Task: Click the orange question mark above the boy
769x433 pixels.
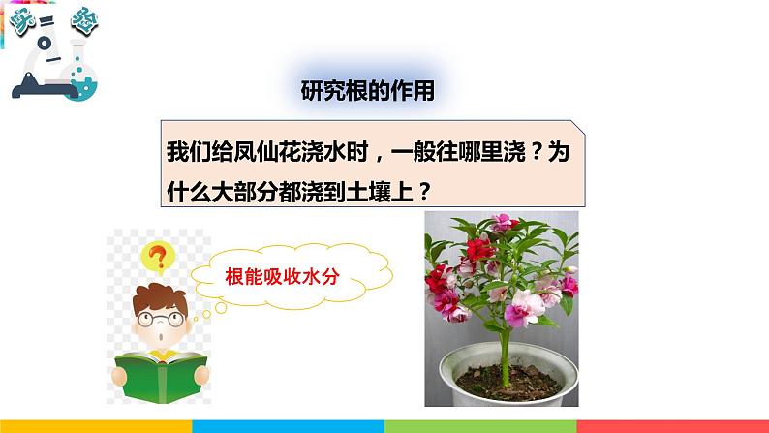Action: click(x=154, y=257)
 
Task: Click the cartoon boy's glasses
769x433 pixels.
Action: click(x=158, y=317)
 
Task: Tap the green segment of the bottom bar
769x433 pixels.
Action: click(x=480, y=426)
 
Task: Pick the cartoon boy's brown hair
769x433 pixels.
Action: click(x=155, y=289)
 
